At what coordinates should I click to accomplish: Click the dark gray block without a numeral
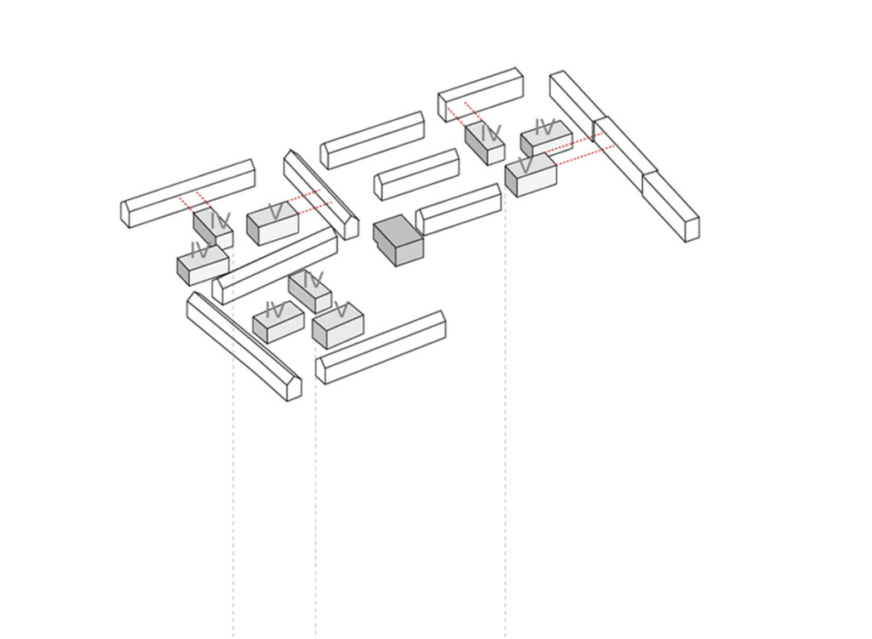(399, 241)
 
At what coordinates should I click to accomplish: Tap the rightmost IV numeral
(545, 127)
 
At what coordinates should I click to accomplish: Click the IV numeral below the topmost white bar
(491, 134)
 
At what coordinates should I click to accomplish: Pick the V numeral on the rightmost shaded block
(525, 165)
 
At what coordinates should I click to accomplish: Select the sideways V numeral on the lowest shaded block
(341, 310)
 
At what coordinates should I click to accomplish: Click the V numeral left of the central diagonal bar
(275, 211)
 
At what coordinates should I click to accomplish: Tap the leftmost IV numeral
(199, 250)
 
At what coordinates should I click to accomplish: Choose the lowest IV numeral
(275, 310)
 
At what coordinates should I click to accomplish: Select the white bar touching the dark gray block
(458, 209)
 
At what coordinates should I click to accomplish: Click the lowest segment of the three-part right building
(671, 207)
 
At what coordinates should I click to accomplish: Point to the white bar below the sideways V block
(381, 347)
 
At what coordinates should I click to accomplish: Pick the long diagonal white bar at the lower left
(244, 346)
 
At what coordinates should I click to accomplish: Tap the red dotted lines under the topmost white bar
(464, 115)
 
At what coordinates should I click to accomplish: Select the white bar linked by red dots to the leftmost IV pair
(188, 193)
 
